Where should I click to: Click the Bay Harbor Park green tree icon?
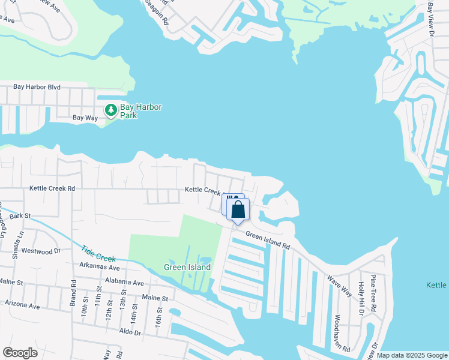pos(111,110)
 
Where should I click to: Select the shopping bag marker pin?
pos(238,211)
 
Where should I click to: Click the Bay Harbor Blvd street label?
pos(37,87)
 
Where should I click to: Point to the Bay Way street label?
pos(85,118)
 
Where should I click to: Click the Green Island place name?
pos(188,267)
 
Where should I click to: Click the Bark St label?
pos(20,215)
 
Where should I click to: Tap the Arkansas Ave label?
pos(100,265)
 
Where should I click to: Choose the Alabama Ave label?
pos(124,283)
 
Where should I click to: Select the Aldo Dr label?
pos(130,332)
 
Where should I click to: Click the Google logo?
pos(20,353)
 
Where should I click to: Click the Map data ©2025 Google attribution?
pos(411,355)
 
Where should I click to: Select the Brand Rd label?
pos(73,292)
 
